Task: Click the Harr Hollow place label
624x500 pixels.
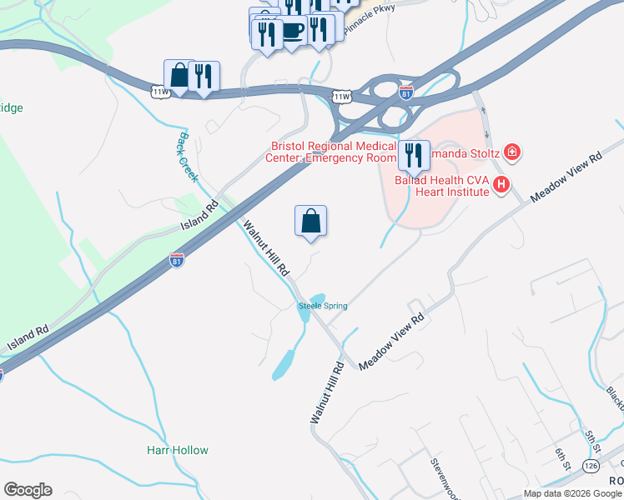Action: [177, 451]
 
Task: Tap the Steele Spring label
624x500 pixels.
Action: [323, 307]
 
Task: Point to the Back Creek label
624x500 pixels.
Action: [186, 156]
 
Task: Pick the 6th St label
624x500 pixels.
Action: [564, 458]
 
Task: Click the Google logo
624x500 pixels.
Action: [28, 490]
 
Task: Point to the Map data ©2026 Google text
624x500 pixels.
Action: [572, 493]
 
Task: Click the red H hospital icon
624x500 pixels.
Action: [501, 184]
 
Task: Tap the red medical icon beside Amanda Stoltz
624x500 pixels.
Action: [512, 152]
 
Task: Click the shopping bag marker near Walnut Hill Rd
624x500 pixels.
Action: [310, 222]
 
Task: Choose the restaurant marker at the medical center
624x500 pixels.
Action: [413, 156]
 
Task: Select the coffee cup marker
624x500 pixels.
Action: [292, 32]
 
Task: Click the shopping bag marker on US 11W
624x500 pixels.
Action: [179, 76]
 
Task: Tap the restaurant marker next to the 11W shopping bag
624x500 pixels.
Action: [204, 77]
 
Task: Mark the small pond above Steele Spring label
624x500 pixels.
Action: [317, 298]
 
